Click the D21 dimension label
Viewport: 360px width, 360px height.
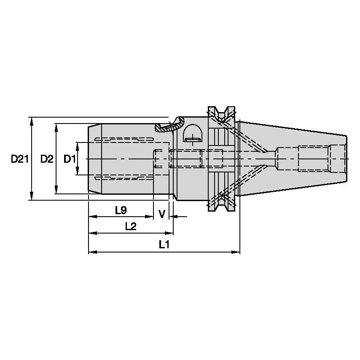coord(19,159)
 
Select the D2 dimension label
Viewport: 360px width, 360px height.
coord(47,159)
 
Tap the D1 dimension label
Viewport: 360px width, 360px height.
coord(69,159)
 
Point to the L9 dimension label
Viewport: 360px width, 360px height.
coord(121,209)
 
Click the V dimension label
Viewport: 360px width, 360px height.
coord(161,214)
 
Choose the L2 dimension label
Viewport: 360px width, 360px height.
coord(131,226)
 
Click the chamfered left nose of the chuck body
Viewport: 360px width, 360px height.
coord(90,159)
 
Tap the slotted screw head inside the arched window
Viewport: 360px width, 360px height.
coord(193,138)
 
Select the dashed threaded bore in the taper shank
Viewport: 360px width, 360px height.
coord(314,159)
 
